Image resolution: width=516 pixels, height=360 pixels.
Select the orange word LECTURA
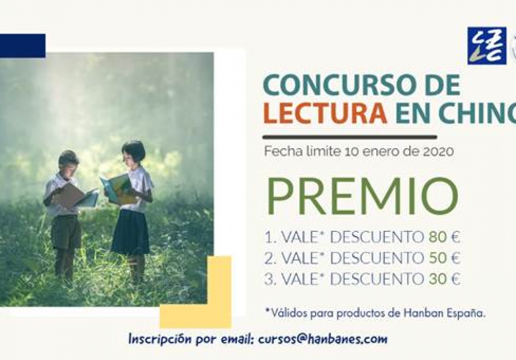[x=325, y=113]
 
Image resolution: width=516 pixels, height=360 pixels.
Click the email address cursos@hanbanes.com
[x=323, y=339]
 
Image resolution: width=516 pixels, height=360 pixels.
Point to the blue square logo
[x=487, y=46]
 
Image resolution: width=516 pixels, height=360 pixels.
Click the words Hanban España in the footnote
[x=444, y=313]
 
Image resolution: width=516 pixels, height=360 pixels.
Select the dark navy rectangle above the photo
[x=23, y=46]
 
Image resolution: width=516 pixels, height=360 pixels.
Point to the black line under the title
[x=350, y=137]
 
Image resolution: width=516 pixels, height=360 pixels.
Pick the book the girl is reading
[x=119, y=188]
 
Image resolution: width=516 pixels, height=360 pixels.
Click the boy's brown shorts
[x=66, y=232]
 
